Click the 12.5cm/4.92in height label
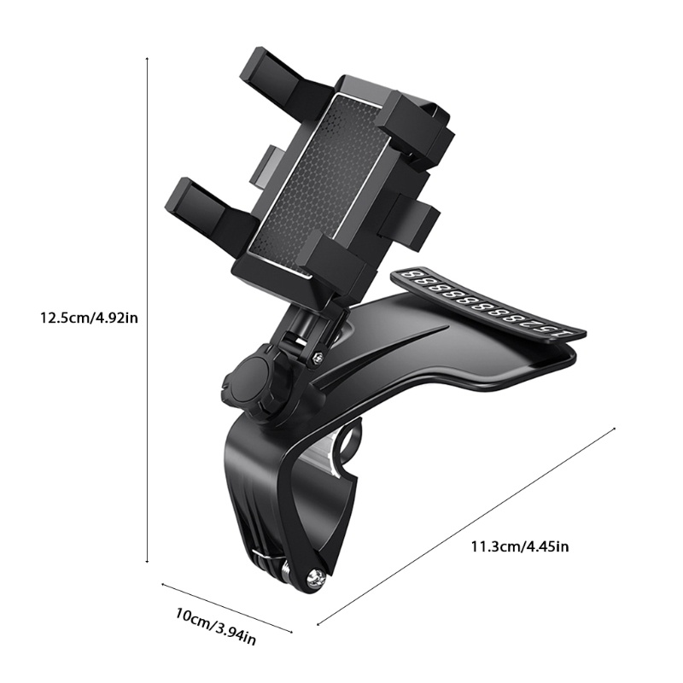coord(90,318)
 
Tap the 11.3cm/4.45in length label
coord(520,546)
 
